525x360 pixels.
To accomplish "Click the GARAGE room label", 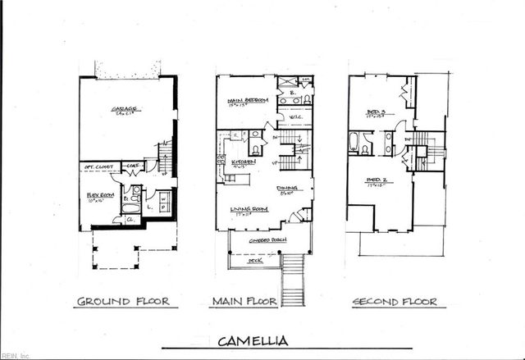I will [x=125, y=107].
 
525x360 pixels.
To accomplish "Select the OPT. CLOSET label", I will [x=98, y=167].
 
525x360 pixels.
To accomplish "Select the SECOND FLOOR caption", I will [x=395, y=302].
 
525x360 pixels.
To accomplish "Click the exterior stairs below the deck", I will [x=293, y=279].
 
